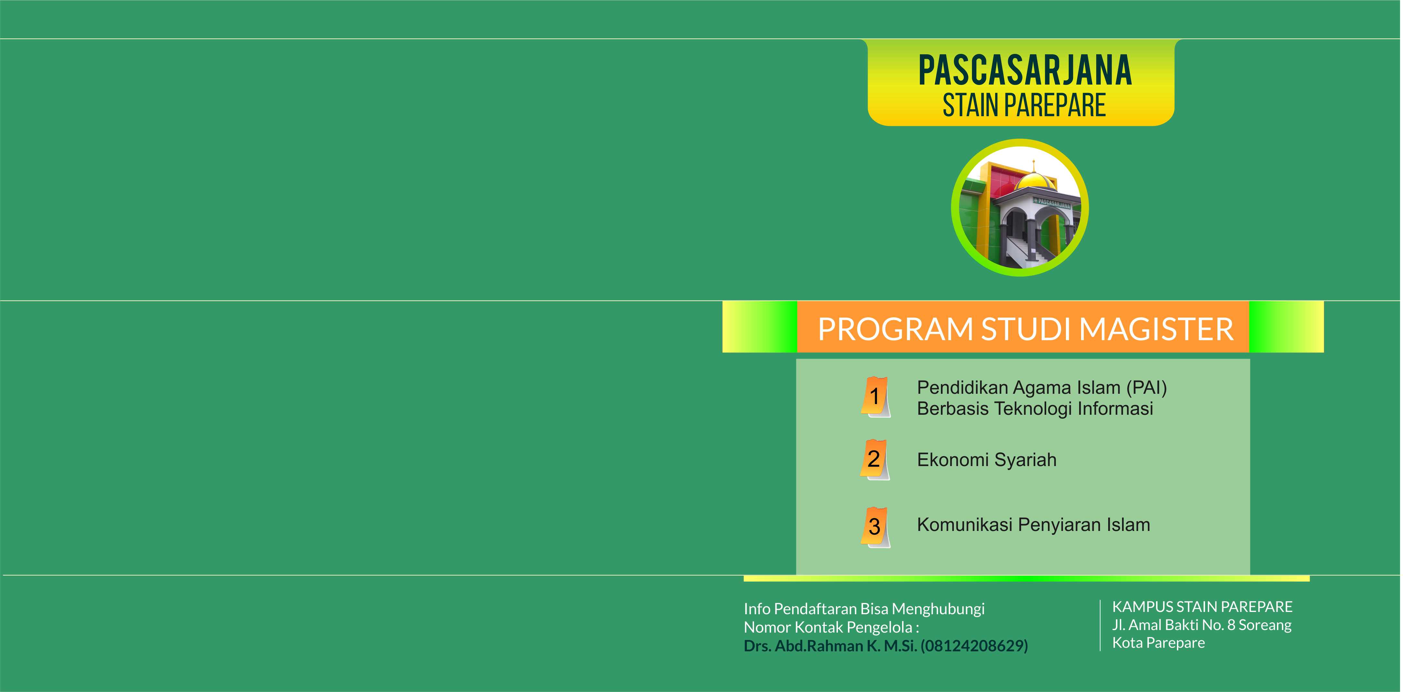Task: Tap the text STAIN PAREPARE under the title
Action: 1024,106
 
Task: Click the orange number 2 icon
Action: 875,460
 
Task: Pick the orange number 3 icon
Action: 875,527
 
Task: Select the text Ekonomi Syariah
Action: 986,460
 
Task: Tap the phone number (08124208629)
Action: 975,646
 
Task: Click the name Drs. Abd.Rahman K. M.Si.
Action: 830,646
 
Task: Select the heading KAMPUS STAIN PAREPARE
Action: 1202,606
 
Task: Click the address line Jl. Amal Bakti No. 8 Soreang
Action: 1202,625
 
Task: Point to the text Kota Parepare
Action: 1159,643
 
